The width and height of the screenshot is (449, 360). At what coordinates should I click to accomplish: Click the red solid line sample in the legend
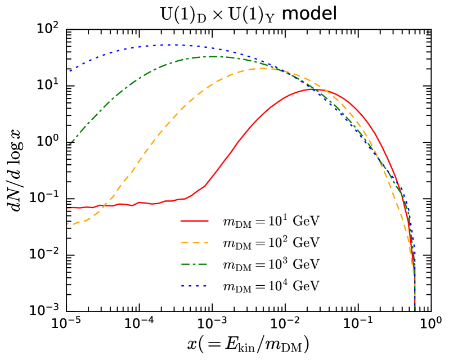(x=195, y=220)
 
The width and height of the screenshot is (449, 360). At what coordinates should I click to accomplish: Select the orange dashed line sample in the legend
(x=195, y=242)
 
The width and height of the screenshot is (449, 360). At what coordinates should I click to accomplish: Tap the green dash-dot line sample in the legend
(x=195, y=264)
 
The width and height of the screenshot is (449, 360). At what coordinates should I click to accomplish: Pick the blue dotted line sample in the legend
(x=195, y=286)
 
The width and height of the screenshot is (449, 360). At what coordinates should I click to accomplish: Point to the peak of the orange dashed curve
(x=263, y=68)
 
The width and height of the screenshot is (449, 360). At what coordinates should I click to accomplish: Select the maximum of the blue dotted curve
(x=169, y=44)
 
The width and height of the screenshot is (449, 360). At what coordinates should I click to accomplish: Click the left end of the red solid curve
(x=68, y=208)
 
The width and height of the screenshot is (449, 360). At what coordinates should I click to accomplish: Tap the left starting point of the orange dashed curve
(x=68, y=224)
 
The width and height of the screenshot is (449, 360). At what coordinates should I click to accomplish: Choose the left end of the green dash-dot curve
(x=69, y=145)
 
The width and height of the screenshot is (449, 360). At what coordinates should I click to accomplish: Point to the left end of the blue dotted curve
(x=69, y=71)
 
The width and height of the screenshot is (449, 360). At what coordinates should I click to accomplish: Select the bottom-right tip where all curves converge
(x=415, y=308)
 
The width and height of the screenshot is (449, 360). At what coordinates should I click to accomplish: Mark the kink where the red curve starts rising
(x=190, y=196)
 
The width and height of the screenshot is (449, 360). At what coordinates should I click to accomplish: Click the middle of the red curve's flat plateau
(x=129, y=204)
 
